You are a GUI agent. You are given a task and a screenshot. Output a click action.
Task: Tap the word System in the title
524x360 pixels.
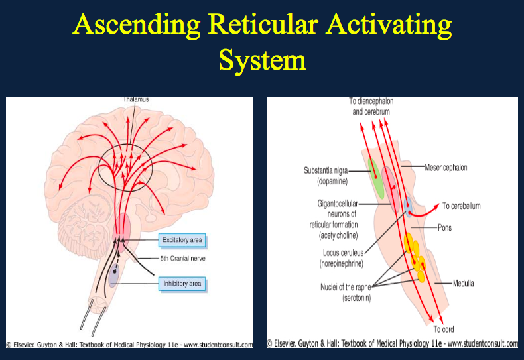pyautogui.click(x=262, y=60)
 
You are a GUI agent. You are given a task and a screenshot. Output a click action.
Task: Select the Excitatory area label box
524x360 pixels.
pyautogui.click(x=181, y=239)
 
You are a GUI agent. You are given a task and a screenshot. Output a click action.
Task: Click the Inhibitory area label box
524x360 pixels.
pyautogui.click(x=181, y=284)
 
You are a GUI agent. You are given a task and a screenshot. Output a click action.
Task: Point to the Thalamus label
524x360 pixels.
pyautogui.click(x=135, y=99)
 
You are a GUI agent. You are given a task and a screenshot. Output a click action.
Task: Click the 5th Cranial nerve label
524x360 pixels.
pyautogui.click(x=180, y=258)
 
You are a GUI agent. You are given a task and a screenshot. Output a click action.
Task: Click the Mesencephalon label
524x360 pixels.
pyautogui.click(x=446, y=168)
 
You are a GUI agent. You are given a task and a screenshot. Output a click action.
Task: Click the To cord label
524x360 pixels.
pyautogui.click(x=444, y=329)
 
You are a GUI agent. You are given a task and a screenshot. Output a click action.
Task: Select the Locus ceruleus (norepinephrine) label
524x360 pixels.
pyautogui.click(x=343, y=258)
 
